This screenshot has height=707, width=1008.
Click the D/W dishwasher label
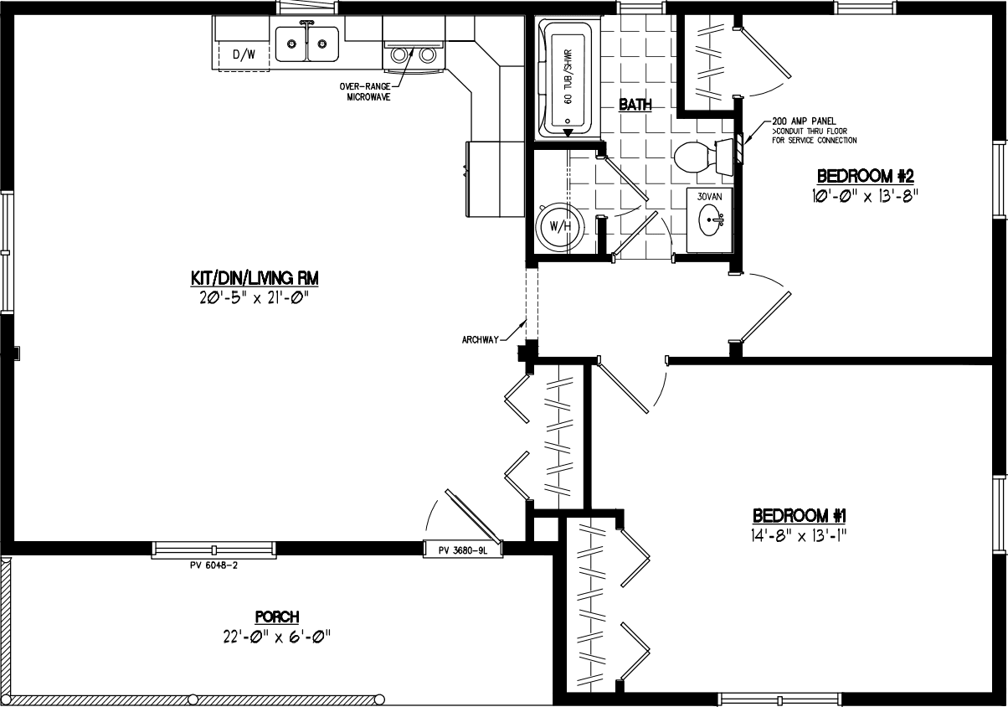point(243,55)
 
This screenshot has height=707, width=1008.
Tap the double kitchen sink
point(306,44)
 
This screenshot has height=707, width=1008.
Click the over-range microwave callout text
point(364,91)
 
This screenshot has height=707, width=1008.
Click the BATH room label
point(635,105)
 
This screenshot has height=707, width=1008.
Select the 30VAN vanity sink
point(709,220)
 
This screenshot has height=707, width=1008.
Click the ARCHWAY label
point(480,339)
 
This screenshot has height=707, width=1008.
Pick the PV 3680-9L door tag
point(463,550)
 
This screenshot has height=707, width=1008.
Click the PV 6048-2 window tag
point(213,565)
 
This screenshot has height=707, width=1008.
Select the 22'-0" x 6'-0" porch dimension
point(272,636)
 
